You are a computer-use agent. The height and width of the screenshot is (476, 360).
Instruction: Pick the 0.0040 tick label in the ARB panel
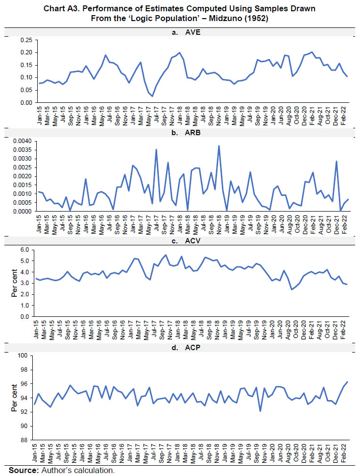tap(21, 141)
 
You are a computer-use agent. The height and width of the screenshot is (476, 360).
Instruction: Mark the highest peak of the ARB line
tap(219, 145)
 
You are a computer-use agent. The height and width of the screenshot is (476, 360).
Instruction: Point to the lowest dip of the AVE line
tap(152, 96)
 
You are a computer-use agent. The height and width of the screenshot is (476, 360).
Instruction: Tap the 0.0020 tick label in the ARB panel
tap(21, 176)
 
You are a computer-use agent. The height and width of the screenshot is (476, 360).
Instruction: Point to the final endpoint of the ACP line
tap(348, 382)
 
